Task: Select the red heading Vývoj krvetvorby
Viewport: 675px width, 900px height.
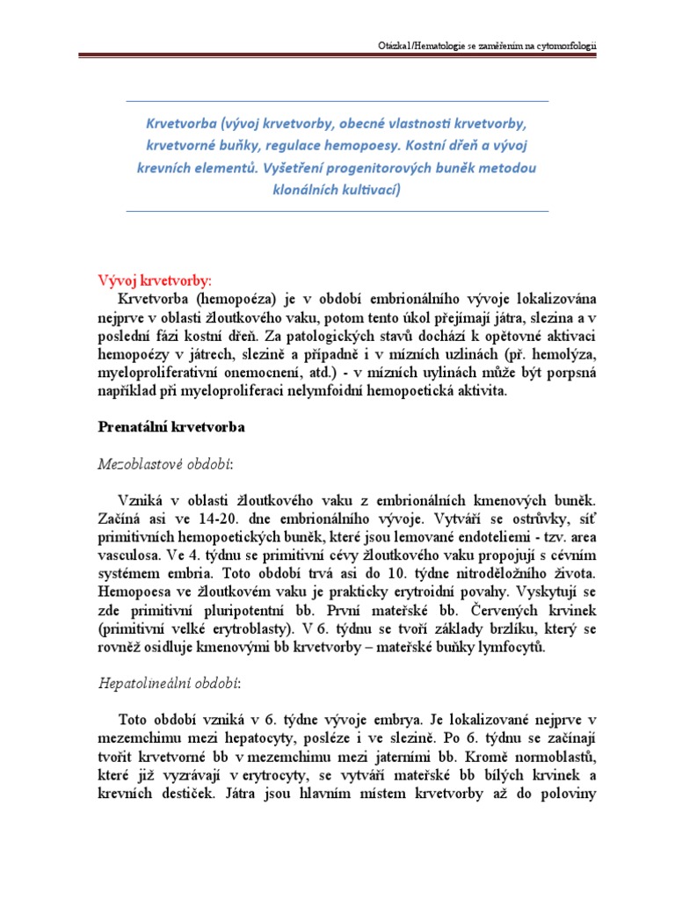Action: click(x=154, y=280)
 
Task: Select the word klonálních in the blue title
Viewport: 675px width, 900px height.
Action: click(x=316, y=189)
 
